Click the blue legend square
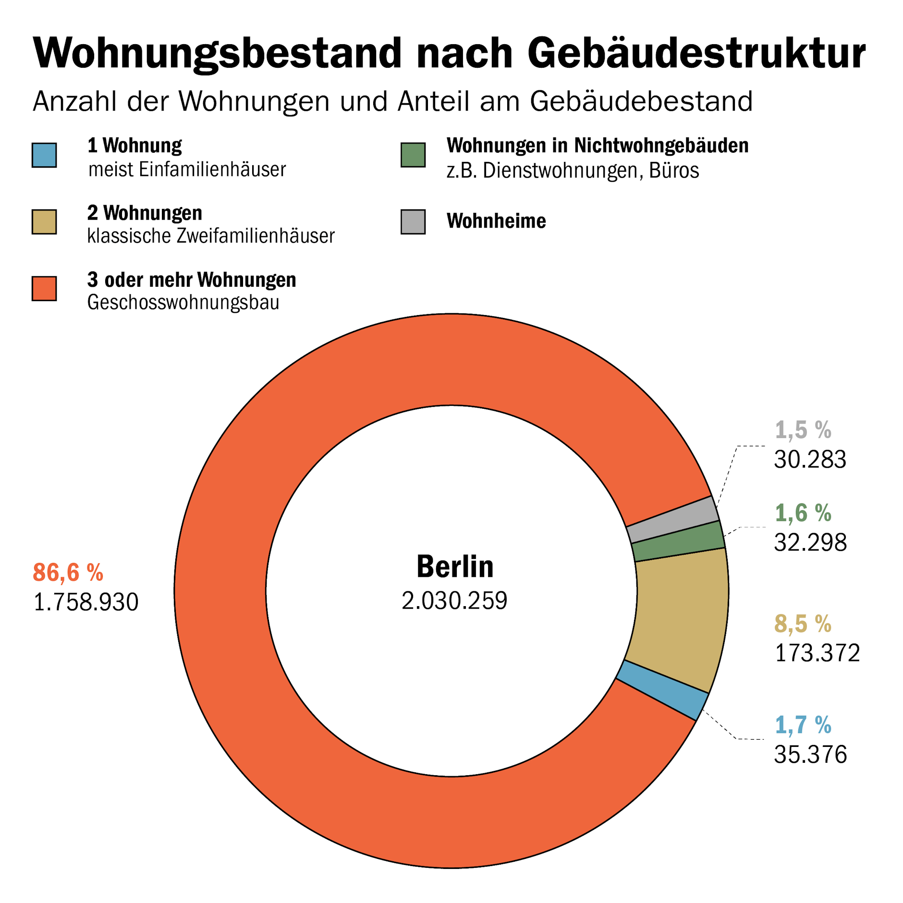point(44,155)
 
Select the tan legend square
point(44,221)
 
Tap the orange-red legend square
point(44,288)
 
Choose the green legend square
point(413,155)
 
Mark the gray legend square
point(413,221)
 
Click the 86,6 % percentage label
point(68,572)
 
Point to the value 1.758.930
point(85,602)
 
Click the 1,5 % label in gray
point(803,430)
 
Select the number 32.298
point(810,543)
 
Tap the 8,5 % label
point(803,624)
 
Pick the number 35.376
point(810,754)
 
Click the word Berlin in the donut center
point(454,566)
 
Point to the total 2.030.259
point(454,600)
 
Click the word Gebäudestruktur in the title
point(696,54)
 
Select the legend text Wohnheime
point(496,221)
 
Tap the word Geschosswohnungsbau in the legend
point(183,303)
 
